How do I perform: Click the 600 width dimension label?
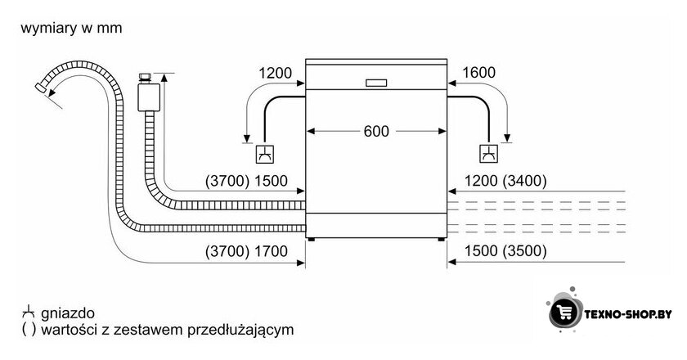(x=376, y=131)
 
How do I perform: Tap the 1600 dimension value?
(x=479, y=72)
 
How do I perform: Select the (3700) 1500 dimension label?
(x=246, y=181)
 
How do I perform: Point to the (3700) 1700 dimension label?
(x=246, y=251)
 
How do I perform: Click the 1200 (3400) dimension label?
(x=505, y=181)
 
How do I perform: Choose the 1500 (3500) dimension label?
(x=505, y=251)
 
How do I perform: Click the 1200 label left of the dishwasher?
(x=275, y=73)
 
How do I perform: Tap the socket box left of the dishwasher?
(x=266, y=154)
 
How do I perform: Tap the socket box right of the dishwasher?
(x=488, y=154)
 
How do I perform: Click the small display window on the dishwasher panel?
(x=376, y=83)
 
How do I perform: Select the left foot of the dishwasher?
(x=311, y=240)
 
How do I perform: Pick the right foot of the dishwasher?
(x=441, y=240)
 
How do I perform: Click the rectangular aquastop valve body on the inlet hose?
(x=149, y=97)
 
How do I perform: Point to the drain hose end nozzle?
(x=41, y=88)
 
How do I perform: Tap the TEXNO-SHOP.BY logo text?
(x=628, y=314)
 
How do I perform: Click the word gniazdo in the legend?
(x=67, y=313)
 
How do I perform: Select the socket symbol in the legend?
(x=28, y=312)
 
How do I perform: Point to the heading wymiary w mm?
(x=71, y=28)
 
